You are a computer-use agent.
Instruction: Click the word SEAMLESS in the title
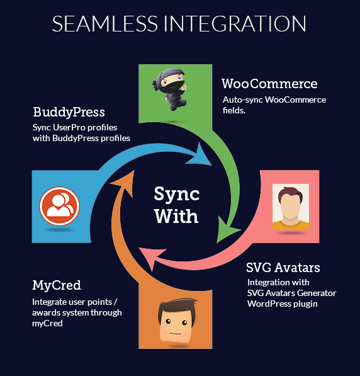click(x=104, y=23)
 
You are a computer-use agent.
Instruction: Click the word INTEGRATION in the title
click(x=235, y=23)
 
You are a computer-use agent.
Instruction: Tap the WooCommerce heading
click(x=269, y=84)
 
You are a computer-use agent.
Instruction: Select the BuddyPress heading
click(x=69, y=112)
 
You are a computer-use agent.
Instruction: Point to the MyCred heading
click(x=57, y=285)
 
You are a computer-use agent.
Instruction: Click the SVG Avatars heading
click(x=283, y=268)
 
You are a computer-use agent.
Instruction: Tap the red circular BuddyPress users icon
click(x=59, y=206)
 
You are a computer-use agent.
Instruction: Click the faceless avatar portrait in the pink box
click(x=291, y=207)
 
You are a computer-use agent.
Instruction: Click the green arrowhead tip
click(x=217, y=242)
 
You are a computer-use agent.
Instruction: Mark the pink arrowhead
click(x=151, y=258)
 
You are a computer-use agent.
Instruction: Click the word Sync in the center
click(x=177, y=194)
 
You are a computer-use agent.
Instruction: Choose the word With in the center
click(x=176, y=216)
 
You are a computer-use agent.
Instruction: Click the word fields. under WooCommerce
click(x=234, y=110)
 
